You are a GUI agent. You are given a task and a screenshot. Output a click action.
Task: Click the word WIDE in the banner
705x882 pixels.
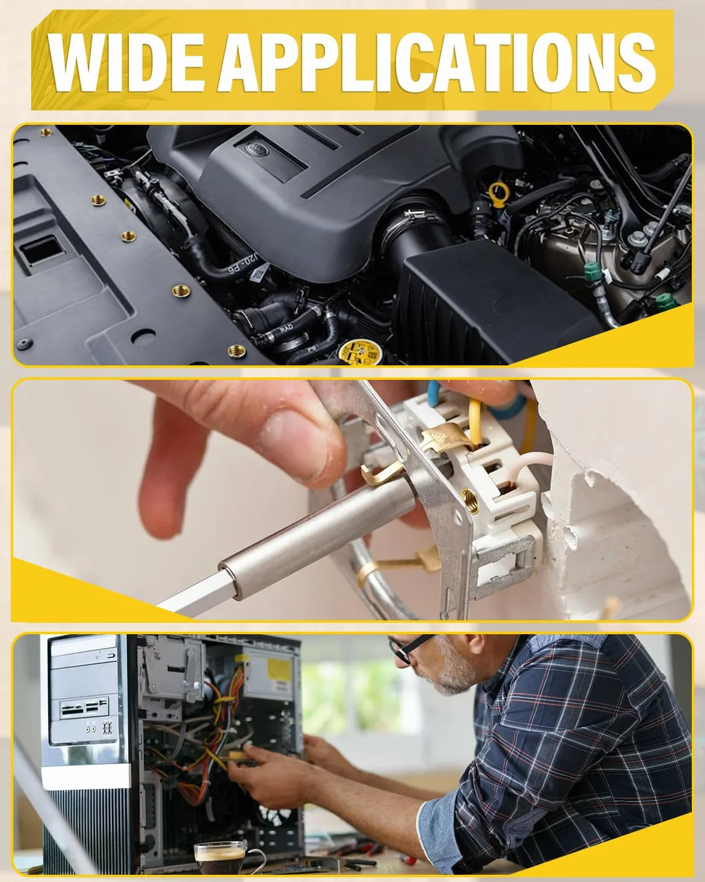click(x=126, y=62)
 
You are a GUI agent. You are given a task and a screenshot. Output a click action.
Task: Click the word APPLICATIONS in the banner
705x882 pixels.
click(x=436, y=62)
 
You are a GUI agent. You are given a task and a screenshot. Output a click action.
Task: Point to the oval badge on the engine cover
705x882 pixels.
click(x=255, y=148)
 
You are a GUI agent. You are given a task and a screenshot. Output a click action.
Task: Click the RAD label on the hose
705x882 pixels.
click(x=287, y=328)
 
